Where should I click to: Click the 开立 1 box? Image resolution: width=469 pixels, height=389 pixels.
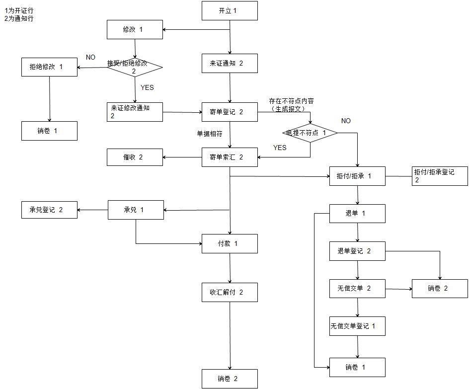tap(230, 10)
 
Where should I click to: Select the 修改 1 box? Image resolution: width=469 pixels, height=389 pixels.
tap(135, 29)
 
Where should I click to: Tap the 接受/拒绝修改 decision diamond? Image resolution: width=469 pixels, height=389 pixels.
tap(135, 67)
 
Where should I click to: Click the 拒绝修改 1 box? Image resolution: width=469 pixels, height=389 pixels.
tap(50, 67)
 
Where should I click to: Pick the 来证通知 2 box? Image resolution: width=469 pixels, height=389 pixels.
tap(230, 63)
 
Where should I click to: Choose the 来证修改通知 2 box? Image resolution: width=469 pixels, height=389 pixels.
tap(135, 112)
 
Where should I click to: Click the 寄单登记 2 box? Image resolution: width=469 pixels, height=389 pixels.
tap(230, 112)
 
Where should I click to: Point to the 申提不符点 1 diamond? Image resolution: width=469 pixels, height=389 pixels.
tap(310, 133)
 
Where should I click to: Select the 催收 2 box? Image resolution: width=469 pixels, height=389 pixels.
tap(135, 157)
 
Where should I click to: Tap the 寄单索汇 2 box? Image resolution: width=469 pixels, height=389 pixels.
tap(230, 157)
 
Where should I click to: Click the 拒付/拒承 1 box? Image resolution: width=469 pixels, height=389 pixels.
tap(357, 176)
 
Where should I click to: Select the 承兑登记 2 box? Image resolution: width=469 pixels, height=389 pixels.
tap(50, 210)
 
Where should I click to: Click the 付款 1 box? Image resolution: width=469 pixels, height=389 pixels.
tap(230, 243)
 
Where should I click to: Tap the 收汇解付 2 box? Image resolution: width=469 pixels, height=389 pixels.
tap(230, 292)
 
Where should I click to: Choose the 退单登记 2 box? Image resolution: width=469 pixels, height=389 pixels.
tap(357, 251)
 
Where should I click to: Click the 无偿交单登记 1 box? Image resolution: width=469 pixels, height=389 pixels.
tap(357, 326)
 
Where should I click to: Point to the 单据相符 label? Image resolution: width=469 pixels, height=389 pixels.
tap(210, 134)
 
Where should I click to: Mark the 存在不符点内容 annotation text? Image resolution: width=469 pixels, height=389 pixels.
tap(292, 101)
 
